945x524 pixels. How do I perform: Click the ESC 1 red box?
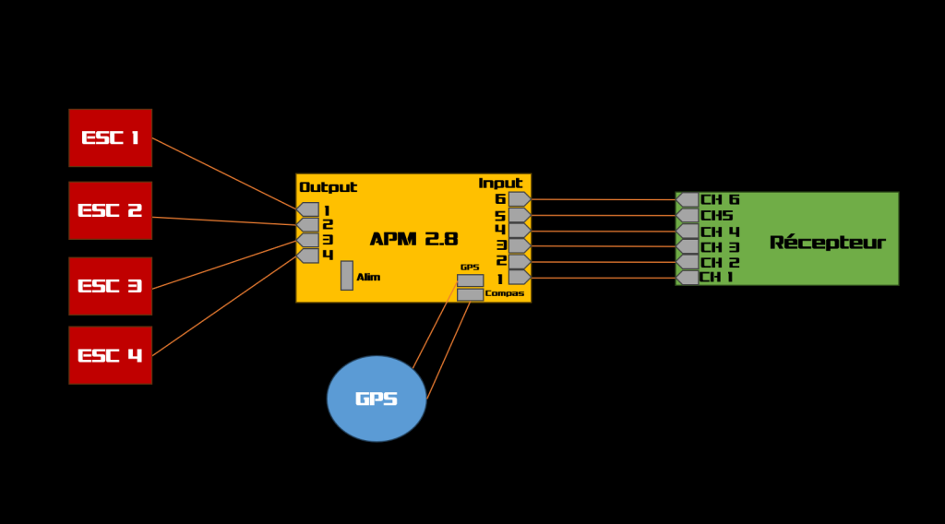click(x=110, y=137)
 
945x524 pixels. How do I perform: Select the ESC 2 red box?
click(x=110, y=210)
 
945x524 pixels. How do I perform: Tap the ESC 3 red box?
click(x=110, y=286)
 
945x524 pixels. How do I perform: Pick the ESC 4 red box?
click(x=110, y=355)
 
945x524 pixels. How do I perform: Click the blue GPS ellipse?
click(x=377, y=399)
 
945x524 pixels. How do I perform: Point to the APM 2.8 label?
click(x=413, y=239)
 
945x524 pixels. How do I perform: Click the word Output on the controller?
click(x=328, y=187)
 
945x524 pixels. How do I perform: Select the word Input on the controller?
click(x=500, y=184)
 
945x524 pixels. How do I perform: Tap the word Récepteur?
click(x=827, y=243)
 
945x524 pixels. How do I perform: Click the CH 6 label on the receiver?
click(x=720, y=199)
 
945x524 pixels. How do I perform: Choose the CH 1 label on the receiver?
click(x=716, y=277)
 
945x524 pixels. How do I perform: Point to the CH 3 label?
click(x=720, y=247)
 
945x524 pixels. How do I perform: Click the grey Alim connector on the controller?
click(x=347, y=275)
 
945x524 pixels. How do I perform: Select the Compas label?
click(x=505, y=293)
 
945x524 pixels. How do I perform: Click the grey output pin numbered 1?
click(x=308, y=209)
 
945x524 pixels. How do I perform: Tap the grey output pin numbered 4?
click(x=308, y=256)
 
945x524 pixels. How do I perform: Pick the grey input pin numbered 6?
click(x=519, y=199)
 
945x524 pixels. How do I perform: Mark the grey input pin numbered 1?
click(x=519, y=277)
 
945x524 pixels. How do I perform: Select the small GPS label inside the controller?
click(x=470, y=268)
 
